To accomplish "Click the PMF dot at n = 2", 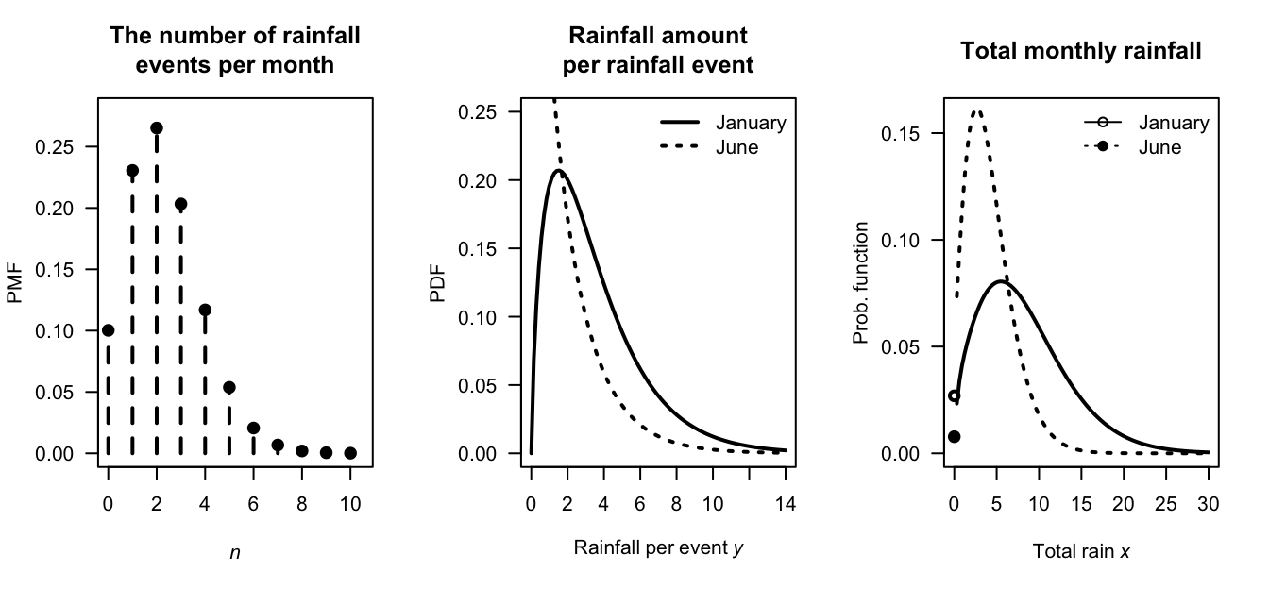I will pos(157,127).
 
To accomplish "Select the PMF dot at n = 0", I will pos(108,330).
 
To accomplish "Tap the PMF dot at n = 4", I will pos(206,310).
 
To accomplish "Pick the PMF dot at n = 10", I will pos(350,453).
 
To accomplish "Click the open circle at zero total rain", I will pos(954,396).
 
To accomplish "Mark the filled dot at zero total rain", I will pos(954,436).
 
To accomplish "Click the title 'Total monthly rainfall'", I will pos(1081,51).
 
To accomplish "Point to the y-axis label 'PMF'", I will pos(14,283).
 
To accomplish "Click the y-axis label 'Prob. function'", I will pos(860,283).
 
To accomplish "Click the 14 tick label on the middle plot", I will pos(786,504).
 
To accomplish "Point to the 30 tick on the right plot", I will pos(1208,504).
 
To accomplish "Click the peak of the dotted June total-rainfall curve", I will pos(977,111).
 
